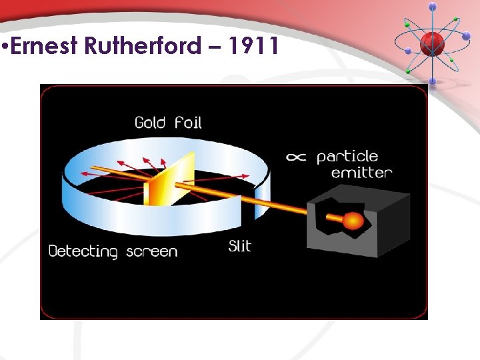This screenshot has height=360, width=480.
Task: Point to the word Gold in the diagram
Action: coord(150,122)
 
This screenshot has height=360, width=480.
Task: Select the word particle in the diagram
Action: coord(347,157)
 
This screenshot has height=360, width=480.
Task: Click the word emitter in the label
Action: coord(361,173)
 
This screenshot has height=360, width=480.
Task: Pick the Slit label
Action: coord(239,246)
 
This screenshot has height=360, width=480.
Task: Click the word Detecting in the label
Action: coord(83,251)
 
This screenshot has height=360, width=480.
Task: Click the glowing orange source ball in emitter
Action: coord(353,220)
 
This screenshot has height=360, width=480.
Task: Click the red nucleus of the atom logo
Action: coord(432,43)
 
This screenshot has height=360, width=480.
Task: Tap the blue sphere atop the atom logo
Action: coord(432,7)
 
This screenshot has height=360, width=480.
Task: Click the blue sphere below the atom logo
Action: coord(432,81)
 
